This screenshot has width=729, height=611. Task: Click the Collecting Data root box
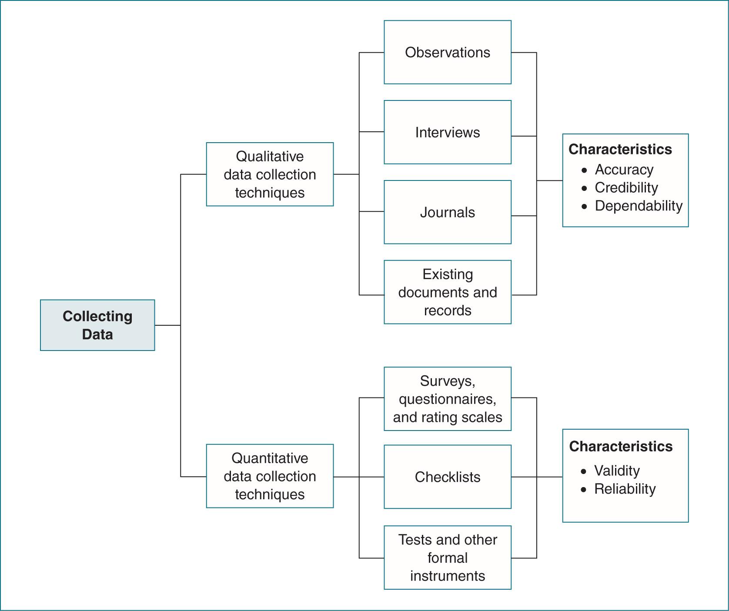(97, 325)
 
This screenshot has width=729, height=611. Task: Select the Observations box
(447, 52)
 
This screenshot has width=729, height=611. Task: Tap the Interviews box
(447, 132)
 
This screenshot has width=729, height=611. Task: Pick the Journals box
(447, 212)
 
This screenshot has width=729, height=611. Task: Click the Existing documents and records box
(447, 292)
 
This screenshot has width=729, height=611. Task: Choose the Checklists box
(447, 477)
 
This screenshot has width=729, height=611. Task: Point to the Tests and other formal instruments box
(447, 558)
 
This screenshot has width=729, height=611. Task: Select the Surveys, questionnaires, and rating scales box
(447, 399)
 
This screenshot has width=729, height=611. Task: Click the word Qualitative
(270, 156)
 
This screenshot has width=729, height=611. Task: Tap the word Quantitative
(270, 458)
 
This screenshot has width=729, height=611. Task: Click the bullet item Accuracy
(624, 169)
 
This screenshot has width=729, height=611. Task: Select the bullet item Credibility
(626, 187)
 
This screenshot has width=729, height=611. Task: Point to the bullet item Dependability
(638, 206)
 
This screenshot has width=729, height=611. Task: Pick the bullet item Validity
(617, 471)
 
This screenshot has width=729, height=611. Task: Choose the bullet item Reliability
(625, 489)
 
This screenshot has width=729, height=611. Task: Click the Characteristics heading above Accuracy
(620, 149)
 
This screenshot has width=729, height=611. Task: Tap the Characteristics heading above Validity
(621, 446)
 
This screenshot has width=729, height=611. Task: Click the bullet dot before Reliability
(584, 490)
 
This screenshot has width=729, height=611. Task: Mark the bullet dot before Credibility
(584, 188)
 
